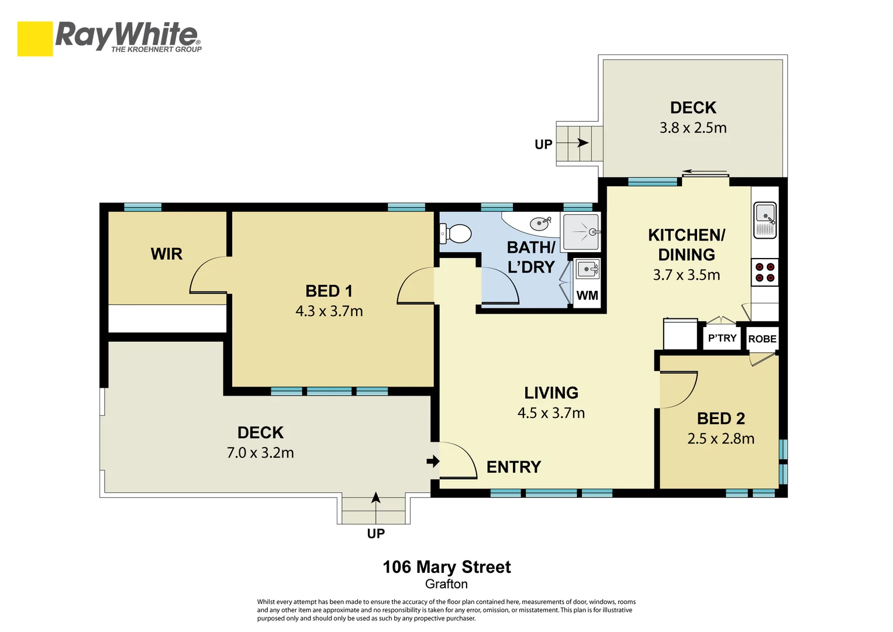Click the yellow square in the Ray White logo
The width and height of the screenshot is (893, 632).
click(x=35, y=39)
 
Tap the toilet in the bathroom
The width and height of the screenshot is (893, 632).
click(x=457, y=234)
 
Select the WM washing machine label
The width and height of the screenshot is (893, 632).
click(x=587, y=296)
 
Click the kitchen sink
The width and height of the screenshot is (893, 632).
click(x=765, y=219)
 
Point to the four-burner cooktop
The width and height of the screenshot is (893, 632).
click(x=765, y=272)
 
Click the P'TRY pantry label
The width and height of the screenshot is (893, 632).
click(x=722, y=338)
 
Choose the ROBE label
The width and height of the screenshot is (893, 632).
click(x=763, y=339)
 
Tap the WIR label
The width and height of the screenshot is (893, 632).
click(x=167, y=254)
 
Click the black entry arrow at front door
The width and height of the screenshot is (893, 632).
click(x=433, y=462)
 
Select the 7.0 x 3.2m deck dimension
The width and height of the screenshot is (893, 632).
click(x=260, y=452)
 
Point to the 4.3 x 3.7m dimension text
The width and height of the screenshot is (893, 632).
click(x=329, y=311)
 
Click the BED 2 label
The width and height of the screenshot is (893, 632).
click(x=721, y=418)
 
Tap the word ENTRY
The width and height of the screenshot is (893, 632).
click(x=513, y=467)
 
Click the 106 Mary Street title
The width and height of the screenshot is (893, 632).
click(x=447, y=567)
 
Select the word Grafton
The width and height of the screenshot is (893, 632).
click(x=446, y=584)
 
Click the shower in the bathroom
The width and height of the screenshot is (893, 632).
click(x=581, y=232)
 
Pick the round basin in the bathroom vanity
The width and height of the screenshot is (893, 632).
click(x=539, y=223)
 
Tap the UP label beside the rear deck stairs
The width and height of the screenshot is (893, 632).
click(x=543, y=145)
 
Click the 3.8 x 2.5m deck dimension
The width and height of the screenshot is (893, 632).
click(x=693, y=128)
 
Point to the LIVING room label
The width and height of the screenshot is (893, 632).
click(x=551, y=393)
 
